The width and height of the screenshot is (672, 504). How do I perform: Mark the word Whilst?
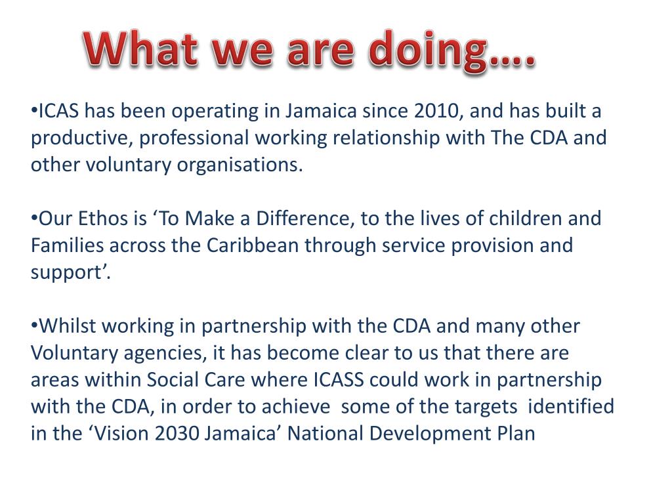[68, 326]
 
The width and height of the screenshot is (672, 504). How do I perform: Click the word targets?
[486, 407]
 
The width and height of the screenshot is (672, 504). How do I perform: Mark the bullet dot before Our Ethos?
[34, 218]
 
